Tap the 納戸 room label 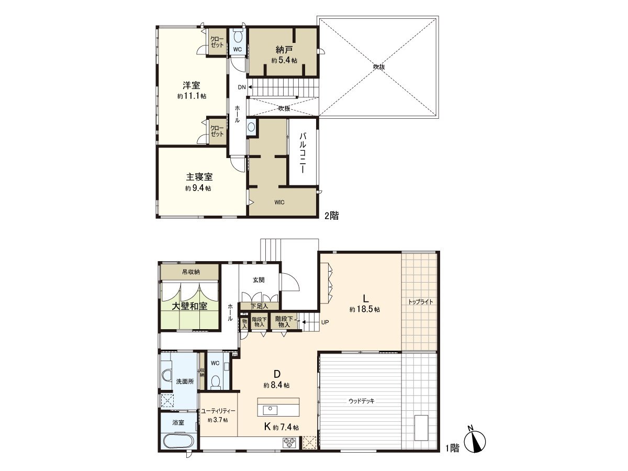[x=284, y=50]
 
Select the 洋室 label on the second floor [x=191, y=85]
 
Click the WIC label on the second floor [x=278, y=203]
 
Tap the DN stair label [x=241, y=87]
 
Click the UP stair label [x=325, y=322]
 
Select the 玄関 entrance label [x=259, y=280]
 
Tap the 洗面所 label [x=184, y=382]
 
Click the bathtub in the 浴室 [x=178, y=440]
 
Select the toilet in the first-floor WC [x=215, y=382]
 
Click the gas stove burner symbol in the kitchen [x=289, y=442]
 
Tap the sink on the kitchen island [x=271, y=409]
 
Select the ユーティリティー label [x=218, y=411]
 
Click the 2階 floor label [x=331, y=215]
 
